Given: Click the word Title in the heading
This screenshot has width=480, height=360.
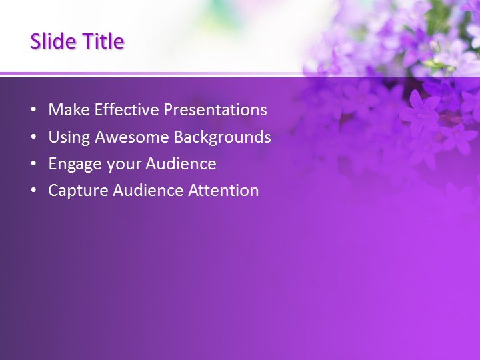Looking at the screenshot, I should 103,41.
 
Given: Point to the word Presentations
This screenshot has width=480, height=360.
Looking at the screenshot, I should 215,110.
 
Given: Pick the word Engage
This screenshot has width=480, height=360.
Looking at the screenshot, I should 73,164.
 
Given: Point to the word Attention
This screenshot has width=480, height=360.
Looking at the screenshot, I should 223,191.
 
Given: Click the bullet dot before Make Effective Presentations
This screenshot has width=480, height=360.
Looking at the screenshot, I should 34,111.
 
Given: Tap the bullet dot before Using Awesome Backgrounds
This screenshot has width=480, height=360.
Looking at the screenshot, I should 34,138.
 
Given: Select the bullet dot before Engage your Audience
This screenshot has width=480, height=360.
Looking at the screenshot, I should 34,165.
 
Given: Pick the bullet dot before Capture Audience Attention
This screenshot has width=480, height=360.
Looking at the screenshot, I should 34,191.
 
